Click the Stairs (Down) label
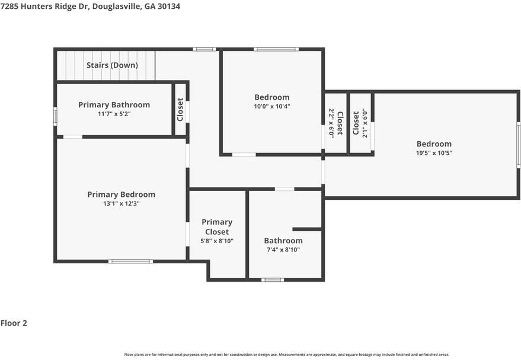pyautogui.click(x=112, y=65)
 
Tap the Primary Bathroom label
pyautogui.click(x=114, y=105)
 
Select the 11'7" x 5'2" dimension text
pyautogui.click(x=114, y=114)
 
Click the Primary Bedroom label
pyautogui.click(x=121, y=195)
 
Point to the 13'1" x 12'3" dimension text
pyautogui.click(x=121, y=203)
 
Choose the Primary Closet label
pyautogui.click(x=217, y=227)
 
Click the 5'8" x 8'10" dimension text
pyautogui.click(x=217, y=241)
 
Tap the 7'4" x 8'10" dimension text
pyautogui.click(x=283, y=250)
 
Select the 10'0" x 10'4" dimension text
pyautogui.click(x=272, y=107)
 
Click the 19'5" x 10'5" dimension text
pyautogui.click(x=434, y=153)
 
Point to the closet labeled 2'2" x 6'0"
pyautogui.click(x=336, y=123)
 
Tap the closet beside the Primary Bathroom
pyautogui.click(x=180, y=110)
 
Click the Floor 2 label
pyautogui.click(x=14, y=323)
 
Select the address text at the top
pyautogui.click(x=90, y=7)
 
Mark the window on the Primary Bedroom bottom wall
pyautogui.click(x=130, y=261)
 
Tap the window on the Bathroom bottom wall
pyautogui.click(x=273, y=279)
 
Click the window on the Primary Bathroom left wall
pyautogui.click(x=55, y=116)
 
